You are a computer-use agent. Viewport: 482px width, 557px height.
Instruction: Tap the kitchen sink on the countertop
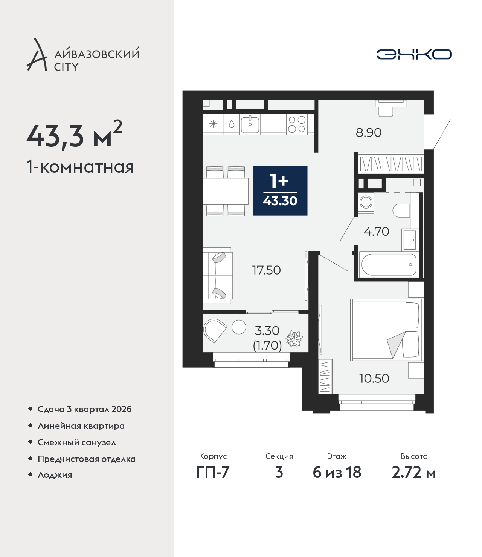click(250, 125)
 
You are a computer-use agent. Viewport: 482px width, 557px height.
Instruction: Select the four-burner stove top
click(297, 124)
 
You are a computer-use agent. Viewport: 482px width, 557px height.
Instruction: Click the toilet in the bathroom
click(401, 210)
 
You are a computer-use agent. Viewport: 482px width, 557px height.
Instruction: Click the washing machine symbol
click(366, 202)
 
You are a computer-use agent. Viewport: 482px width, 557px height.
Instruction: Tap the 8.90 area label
click(368, 133)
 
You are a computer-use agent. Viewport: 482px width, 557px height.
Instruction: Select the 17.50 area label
click(266, 270)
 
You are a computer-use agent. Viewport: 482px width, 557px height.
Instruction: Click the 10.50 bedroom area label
click(374, 379)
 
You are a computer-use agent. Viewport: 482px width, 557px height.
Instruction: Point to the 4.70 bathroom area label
click(376, 232)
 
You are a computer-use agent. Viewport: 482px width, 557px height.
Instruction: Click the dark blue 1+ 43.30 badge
click(280, 190)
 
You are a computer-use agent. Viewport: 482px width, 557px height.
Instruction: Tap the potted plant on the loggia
click(294, 339)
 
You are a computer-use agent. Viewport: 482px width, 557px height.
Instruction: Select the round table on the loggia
click(239, 327)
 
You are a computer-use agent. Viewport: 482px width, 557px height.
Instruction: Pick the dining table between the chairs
click(226, 191)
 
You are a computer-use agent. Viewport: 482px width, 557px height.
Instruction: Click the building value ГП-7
click(213, 472)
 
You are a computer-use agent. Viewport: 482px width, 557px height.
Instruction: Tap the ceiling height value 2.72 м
click(413, 472)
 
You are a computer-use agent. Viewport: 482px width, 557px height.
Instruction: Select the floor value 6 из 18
click(337, 472)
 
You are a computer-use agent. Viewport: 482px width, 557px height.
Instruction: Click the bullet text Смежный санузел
click(77, 442)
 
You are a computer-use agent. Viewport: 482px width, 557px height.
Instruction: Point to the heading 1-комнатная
click(80, 167)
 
